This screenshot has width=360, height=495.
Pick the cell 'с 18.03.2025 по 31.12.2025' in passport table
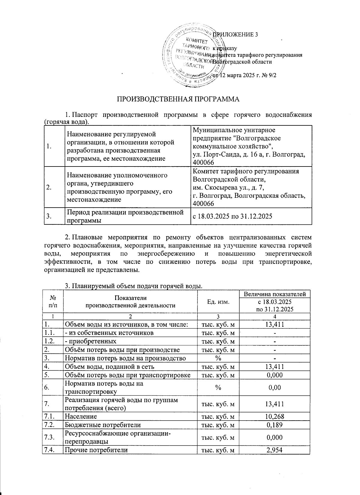pos(232,216)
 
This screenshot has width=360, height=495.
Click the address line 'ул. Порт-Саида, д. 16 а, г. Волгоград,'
pos(249,154)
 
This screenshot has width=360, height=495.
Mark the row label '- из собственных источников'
pos(109,333)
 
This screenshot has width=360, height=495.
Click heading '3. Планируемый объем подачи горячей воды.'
pos(133,286)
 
